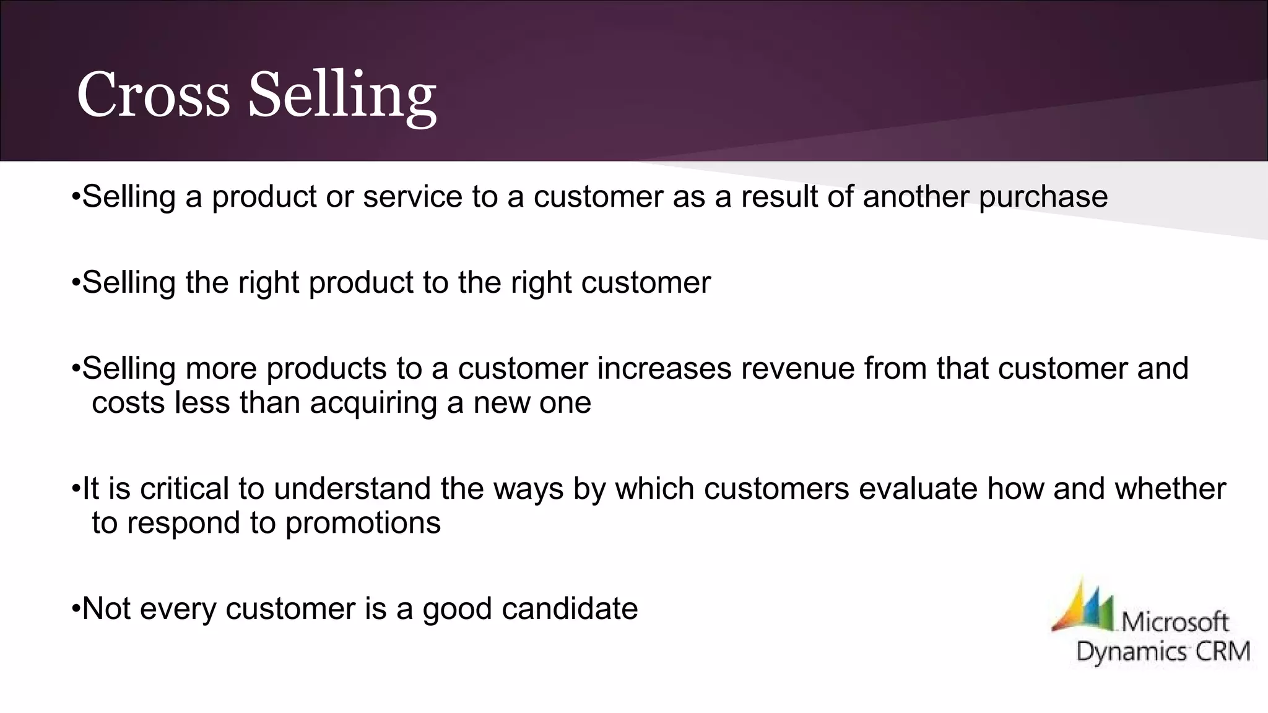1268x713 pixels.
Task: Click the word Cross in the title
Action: pyautogui.click(x=153, y=95)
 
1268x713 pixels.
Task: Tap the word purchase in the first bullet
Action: pyautogui.click(x=1043, y=197)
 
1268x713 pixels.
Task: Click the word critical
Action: pyautogui.click(x=185, y=489)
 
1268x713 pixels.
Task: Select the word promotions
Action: pyautogui.click(x=363, y=524)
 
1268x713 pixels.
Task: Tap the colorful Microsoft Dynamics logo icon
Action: pyautogui.click(x=1083, y=607)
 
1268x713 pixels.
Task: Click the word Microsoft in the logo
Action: pyautogui.click(x=1175, y=621)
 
